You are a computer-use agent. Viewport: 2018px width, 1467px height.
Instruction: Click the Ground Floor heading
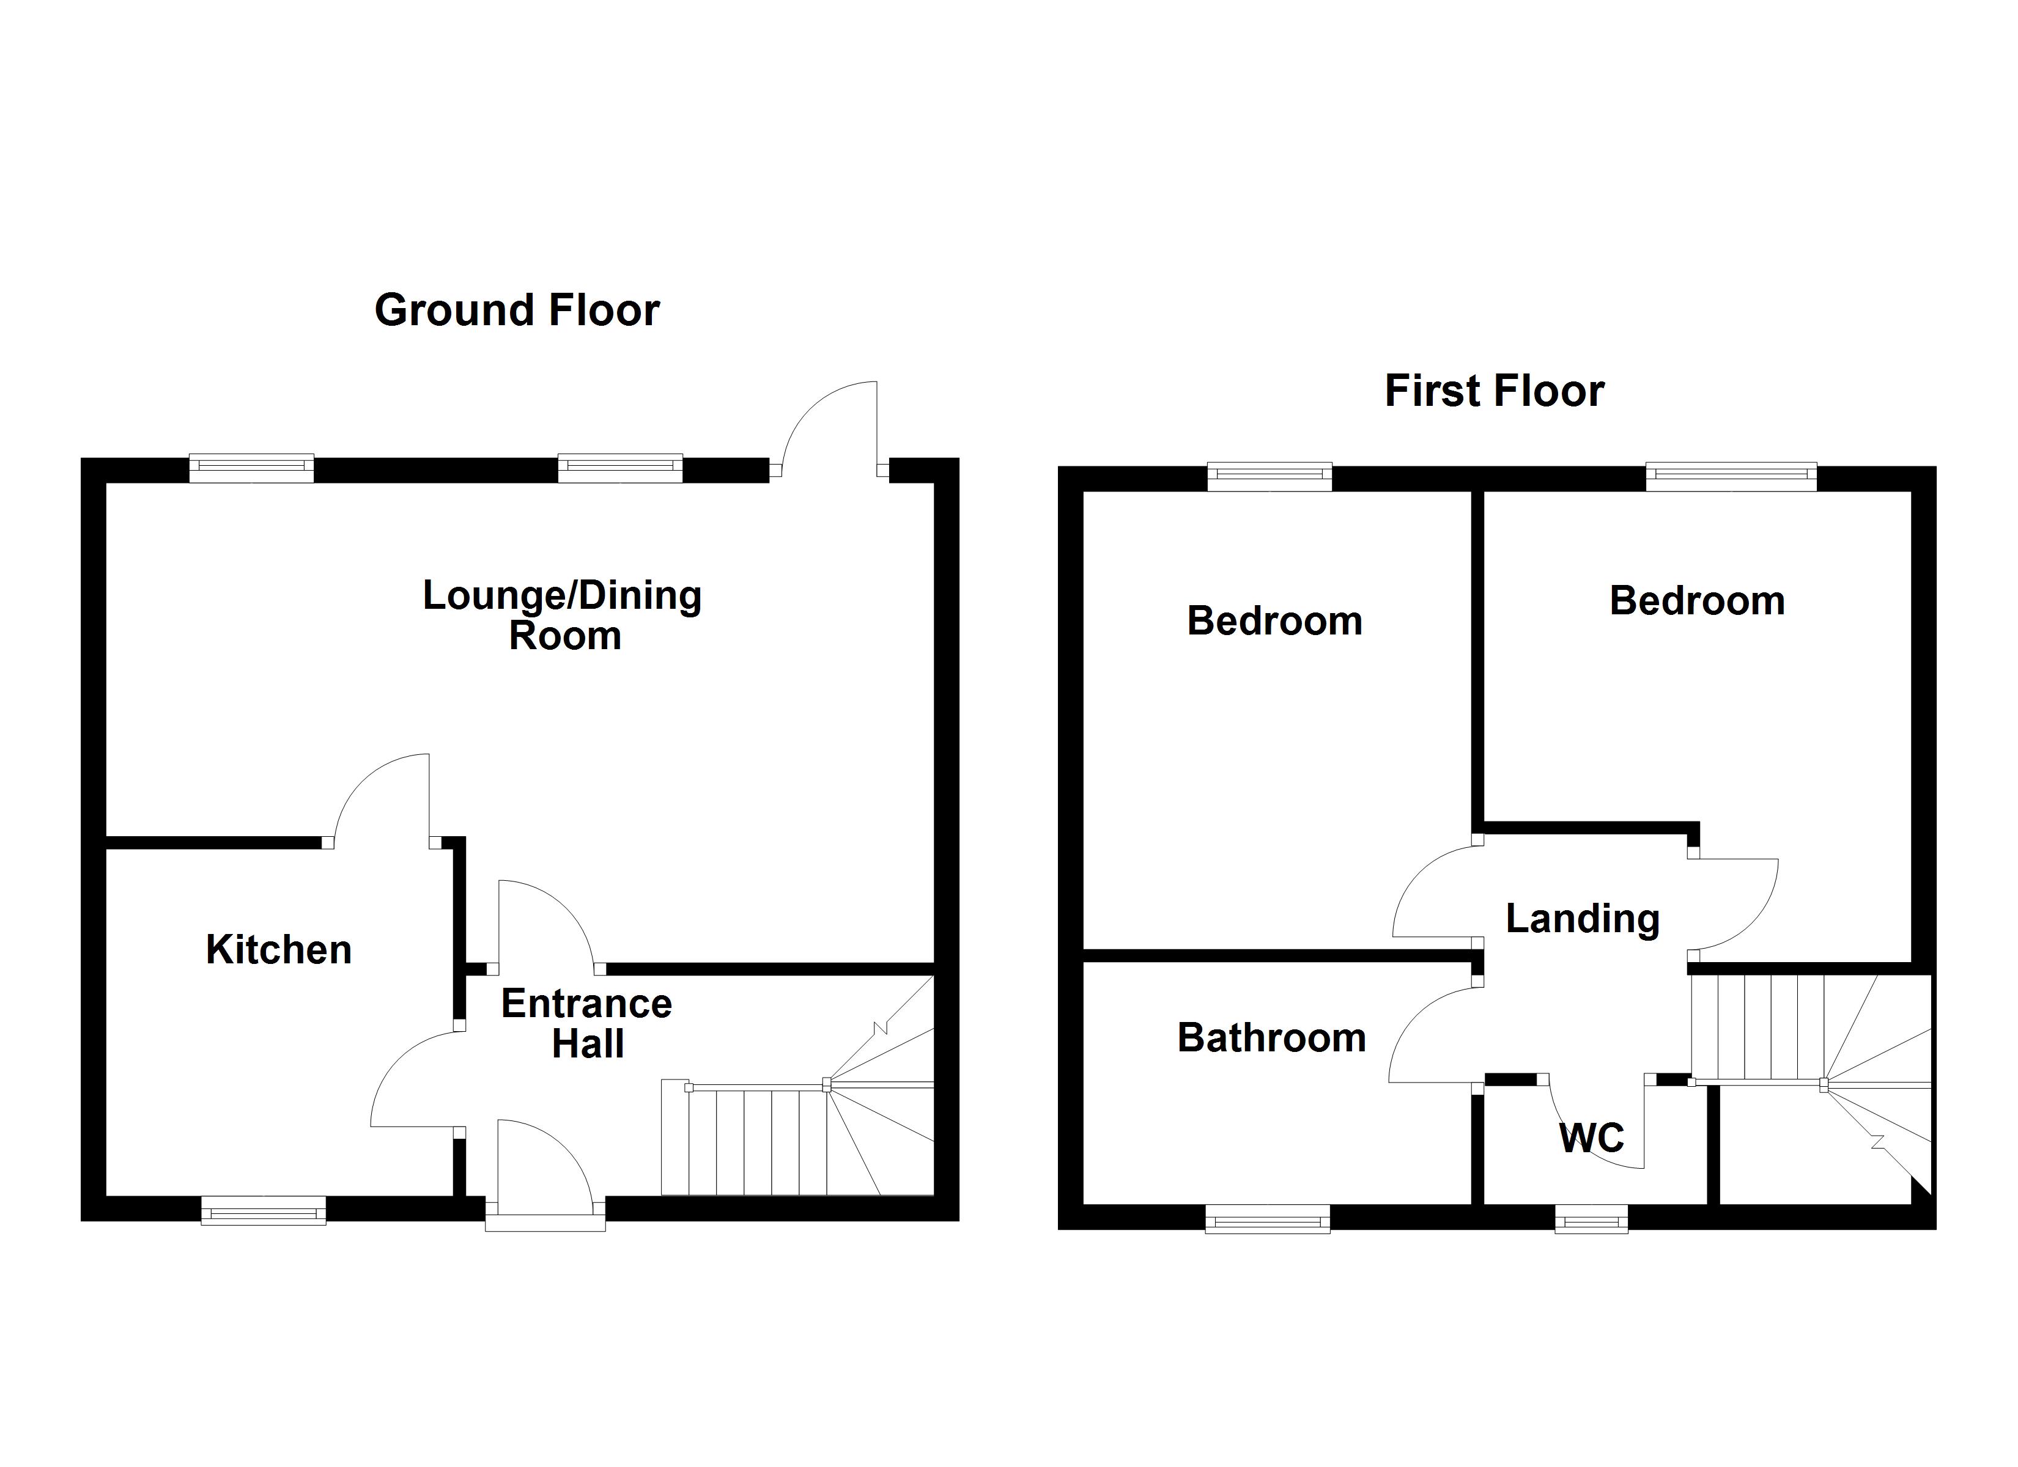[x=517, y=311]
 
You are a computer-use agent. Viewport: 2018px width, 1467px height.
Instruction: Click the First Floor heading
[x=1494, y=391]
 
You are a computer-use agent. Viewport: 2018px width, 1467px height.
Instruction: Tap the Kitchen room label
[x=278, y=950]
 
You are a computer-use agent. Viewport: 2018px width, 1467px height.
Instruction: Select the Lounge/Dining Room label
[x=563, y=616]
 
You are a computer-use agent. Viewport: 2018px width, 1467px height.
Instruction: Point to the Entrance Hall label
[x=586, y=1023]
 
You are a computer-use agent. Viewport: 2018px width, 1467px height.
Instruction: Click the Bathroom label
[x=1271, y=1038]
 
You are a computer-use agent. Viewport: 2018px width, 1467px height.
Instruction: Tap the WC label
[x=1592, y=1138]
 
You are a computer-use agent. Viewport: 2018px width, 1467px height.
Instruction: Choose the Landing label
[x=1582, y=919]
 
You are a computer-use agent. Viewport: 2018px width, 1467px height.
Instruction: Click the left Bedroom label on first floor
[x=1274, y=621]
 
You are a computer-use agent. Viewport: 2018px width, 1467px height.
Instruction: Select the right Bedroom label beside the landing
[x=1697, y=601]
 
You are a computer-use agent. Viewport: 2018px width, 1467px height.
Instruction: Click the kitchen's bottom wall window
[x=264, y=1211]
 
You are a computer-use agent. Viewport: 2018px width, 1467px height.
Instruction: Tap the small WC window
[x=1591, y=1219]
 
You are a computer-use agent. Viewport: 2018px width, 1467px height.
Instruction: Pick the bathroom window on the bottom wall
[x=1267, y=1219]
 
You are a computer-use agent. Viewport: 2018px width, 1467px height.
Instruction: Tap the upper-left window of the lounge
[x=252, y=469]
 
